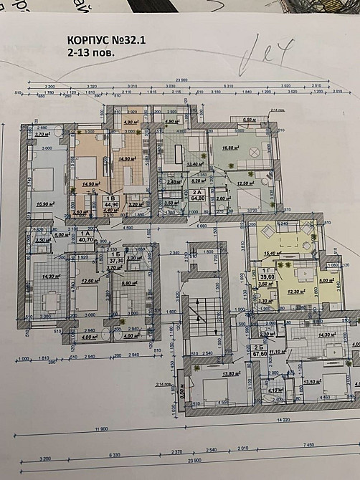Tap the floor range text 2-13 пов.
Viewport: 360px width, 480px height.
pyautogui.click(x=86, y=52)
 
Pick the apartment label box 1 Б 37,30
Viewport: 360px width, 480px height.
pyautogui.click(x=115, y=259)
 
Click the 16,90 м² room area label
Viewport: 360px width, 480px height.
pyautogui.click(x=45, y=204)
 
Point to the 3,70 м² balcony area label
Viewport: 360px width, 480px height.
pyautogui.click(x=41, y=135)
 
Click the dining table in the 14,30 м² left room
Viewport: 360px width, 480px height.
pyautogui.click(x=50, y=302)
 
